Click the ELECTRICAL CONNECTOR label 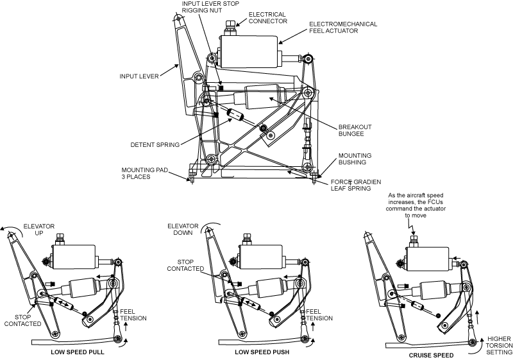point(267,18)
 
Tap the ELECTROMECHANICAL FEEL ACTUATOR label point(343,27)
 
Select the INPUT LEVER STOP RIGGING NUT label point(210,7)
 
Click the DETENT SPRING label point(155,144)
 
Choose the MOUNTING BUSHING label point(355,159)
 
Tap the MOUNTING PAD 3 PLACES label point(144,173)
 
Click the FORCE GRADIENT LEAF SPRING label point(356,185)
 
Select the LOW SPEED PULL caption point(77,352)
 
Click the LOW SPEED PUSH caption point(262,352)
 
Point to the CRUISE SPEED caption point(431,355)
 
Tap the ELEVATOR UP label point(39,230)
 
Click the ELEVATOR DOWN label point(183,229)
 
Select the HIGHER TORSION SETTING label point(499,345)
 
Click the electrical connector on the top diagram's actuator point(230,28)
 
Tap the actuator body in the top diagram point(249,51)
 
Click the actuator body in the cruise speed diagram point(428,259)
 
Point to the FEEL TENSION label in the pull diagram point(133,315)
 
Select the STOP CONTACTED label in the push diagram point(185,265)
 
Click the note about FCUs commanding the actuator point(416,205)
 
